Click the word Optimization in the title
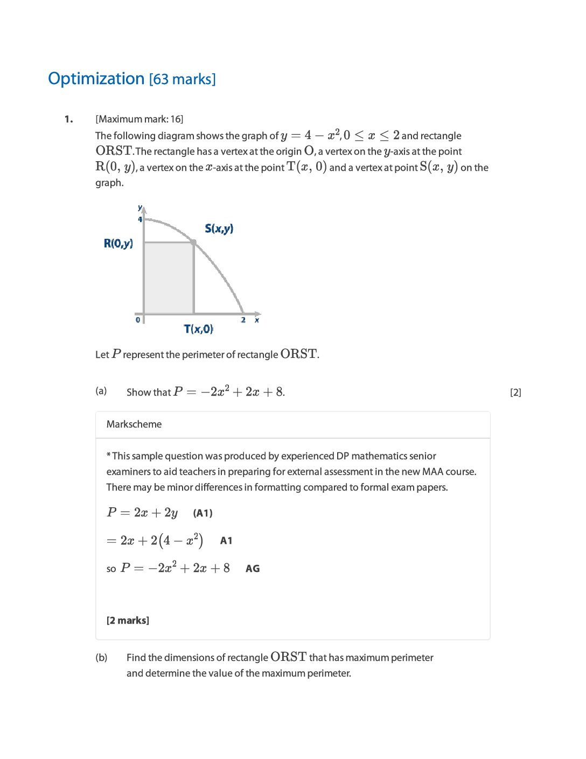point(96,79)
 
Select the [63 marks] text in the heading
point(182,79)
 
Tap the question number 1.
point(68,119)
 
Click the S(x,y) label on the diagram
point(219,229)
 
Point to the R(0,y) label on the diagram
point(118,243)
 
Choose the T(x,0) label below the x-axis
point(198,329)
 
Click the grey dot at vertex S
point(194,243)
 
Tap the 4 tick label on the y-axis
point(140,219)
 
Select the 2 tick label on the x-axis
point(243,320)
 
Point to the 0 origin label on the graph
point(138,320)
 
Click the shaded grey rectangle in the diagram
point(169,278)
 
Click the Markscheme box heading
point(134,424)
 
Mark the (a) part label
point(101,391)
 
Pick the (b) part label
point(101,658)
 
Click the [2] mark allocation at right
point(515,392)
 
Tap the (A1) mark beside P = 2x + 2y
point(203,513)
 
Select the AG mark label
point(253,569)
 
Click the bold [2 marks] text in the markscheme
point(128,620)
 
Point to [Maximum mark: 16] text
point(139,119)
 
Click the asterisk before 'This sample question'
point(109,456)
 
